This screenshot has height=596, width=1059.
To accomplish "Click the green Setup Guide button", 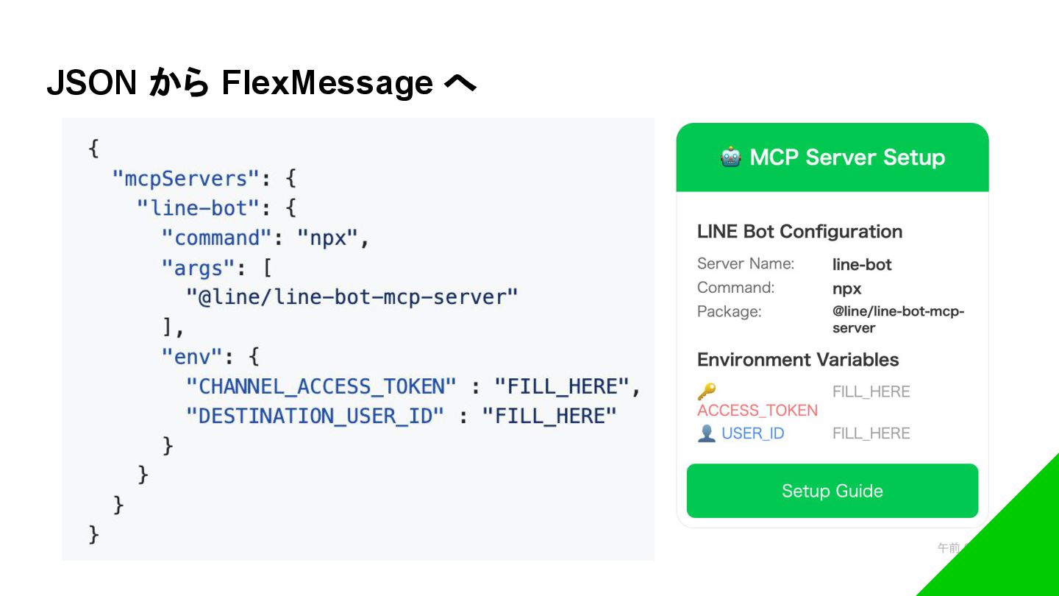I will (832, 491).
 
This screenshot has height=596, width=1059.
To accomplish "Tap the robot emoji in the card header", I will (730, 157).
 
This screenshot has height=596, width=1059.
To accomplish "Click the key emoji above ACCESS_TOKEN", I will (707, 391).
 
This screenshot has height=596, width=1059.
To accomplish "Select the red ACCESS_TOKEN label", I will (757, 411).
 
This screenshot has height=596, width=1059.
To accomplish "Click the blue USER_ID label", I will (752, 433).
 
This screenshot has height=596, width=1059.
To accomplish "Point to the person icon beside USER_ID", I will (706, 433).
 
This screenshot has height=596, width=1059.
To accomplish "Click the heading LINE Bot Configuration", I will (799, 232).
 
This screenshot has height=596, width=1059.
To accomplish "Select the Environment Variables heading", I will (798, 360).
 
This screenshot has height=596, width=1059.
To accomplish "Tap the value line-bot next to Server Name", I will (862, 265).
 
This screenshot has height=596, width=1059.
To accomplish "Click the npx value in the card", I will (846, 288).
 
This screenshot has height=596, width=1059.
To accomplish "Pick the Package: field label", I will (729, 312).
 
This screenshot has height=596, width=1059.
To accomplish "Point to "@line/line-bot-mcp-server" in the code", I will (352, 297).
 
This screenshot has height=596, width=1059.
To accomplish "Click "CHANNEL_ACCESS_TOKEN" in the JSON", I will (321, 386).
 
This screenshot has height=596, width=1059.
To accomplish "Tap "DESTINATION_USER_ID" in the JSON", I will (315, 416).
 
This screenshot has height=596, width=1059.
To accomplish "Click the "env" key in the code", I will (191, 357).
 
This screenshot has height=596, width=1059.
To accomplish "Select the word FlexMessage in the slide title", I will (327, 83).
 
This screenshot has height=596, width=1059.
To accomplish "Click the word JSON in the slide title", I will (92, 83).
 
